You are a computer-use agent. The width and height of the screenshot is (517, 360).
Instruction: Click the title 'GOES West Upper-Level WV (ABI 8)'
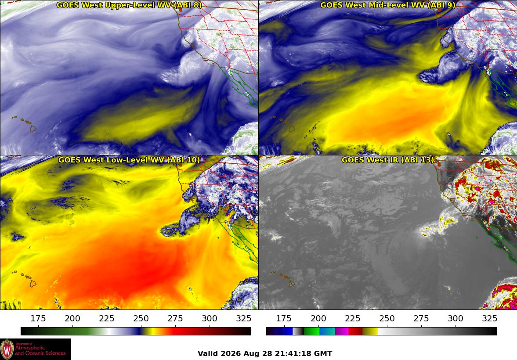point(129,5)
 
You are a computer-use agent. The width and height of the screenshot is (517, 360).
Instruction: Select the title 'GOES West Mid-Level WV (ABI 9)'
point(388,5)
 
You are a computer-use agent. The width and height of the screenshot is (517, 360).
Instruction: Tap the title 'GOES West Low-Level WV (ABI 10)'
point(129,160)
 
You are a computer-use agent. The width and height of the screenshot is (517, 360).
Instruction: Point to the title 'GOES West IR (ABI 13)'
point(388,160)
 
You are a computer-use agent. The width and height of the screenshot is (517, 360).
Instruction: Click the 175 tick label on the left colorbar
point(38,318)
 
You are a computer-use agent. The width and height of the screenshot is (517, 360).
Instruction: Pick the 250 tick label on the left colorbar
point(141,318)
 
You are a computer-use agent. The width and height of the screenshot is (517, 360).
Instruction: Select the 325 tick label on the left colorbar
point(244,318)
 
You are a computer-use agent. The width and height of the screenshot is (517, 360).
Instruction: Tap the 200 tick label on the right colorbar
point(318,318)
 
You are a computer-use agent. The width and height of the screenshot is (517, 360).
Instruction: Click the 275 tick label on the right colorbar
point(421,318)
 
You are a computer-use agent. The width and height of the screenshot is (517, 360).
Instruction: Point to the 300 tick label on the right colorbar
point(456,318)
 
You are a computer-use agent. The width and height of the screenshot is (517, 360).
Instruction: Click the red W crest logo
point(7,349)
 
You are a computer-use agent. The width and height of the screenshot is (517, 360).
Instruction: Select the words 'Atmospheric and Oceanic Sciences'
point(40,350)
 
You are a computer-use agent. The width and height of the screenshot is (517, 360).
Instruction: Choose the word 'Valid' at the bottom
point(208,354)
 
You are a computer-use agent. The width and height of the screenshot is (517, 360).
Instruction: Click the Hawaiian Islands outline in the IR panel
point(284,278)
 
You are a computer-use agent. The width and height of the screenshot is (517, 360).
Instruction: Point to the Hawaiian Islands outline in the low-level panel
point(25,278)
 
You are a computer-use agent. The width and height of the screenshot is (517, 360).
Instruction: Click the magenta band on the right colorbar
point(342,331)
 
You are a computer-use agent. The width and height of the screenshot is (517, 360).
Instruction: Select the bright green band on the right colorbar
point(311,331)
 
